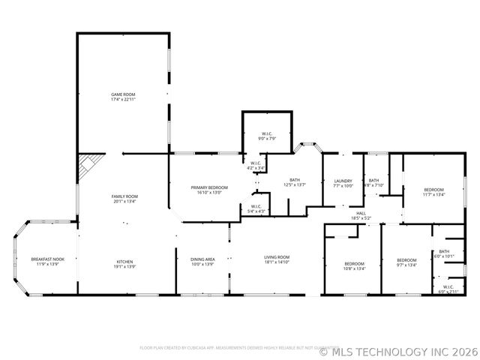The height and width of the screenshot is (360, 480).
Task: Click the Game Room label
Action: pyautogui.click(x=123, y=97)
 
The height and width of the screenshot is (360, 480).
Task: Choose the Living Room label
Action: pyautogui.click(x=276, y=259)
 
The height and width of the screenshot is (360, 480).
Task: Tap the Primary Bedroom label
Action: pyautogui.click(x=208, y=190)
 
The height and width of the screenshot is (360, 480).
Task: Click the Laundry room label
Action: pyautogui.click(x=343, y=183)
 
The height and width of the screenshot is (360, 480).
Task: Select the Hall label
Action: pyautogui.click(x=361, y=215)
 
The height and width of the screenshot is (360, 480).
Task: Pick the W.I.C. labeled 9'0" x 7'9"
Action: pyautogui.click(x=266, y=136)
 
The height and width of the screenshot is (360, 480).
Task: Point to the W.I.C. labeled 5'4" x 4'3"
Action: pyautogui.click(x=256, y=208)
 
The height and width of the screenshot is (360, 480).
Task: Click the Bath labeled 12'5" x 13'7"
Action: pyautogui.click(x=295, y=182)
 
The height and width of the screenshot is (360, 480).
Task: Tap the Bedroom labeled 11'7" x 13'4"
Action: pyautogui.click(x=433, y=192)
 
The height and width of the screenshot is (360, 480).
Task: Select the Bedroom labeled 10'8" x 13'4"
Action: pyautogui.click(x=354, y=266)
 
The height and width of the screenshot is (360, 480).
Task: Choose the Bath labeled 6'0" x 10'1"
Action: pyautogui.click(x=444, y=253)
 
